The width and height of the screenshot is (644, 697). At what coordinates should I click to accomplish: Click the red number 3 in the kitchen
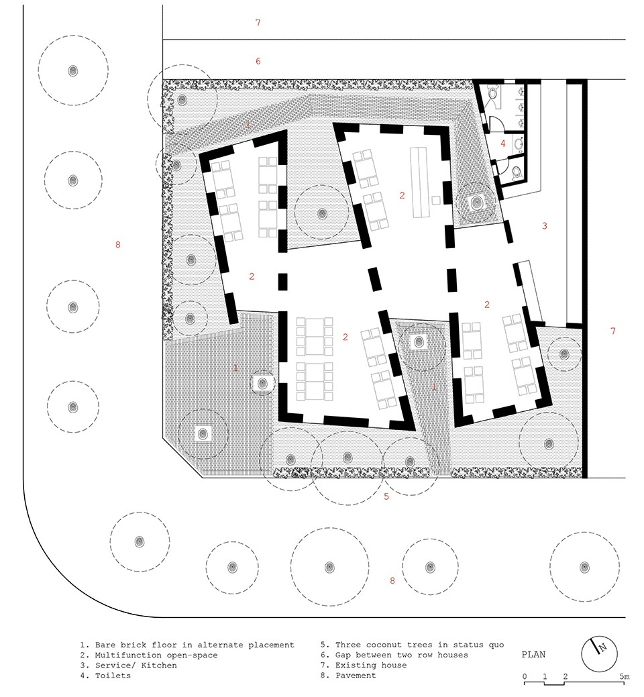pyautogui.click(x=545, y=226)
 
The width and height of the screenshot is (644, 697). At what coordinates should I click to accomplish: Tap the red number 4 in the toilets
pyautogui.click(x=503, y=144)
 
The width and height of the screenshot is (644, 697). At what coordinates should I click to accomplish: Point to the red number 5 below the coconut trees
pyautogui.click(x=386, y=496)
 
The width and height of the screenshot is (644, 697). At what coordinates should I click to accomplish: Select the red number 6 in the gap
pyautogui.click(x=258, y=61)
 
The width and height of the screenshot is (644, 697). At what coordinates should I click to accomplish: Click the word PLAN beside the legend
pyautogui.click(x=533, y=654)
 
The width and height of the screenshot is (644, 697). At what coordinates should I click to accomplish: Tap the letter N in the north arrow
pyautogui.click(x=602, y=647)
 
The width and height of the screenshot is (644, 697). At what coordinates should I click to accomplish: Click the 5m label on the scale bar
pyautogui.click(x=625, y=677)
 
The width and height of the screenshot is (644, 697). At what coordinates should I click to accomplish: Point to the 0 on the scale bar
pyautogui.click(x=525, y=677)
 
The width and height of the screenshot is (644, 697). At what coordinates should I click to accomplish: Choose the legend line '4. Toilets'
pyautogui.click(x=105, y=676)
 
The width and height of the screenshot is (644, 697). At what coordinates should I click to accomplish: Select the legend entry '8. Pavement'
pyautogui.click(x=348, y=676)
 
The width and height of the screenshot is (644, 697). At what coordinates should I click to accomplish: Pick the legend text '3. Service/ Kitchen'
pyautogui.click(x=128, y=665)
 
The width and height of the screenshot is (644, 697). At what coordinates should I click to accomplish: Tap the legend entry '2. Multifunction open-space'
pyautogui.click(x=149, y=655)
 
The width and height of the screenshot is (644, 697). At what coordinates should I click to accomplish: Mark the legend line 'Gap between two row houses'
pyautogui.click(x=402, y=655)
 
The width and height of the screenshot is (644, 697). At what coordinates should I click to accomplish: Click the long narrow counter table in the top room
pyautogui.click(x=421, y=182)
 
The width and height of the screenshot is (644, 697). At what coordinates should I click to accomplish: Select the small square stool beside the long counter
pyautogui.click(x=437, y=200)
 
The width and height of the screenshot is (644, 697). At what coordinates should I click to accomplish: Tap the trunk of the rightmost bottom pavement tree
pyautogui.click(x=584, y=567)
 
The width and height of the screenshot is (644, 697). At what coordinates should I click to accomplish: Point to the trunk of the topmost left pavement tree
pyautogui.click(x=73, y=70)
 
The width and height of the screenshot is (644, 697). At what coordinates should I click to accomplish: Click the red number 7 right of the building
pyautogui.click(x=613, y=331)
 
